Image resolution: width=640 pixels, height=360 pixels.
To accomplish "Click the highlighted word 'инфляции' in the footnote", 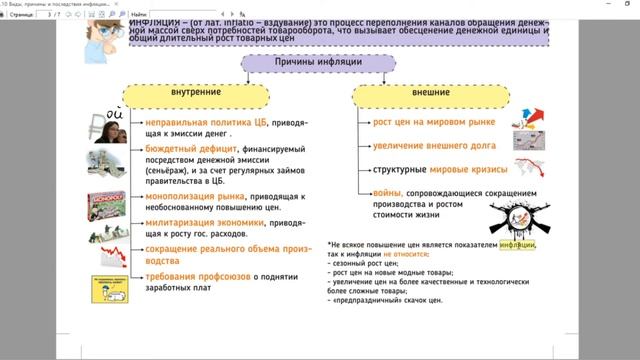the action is [517, 244].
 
